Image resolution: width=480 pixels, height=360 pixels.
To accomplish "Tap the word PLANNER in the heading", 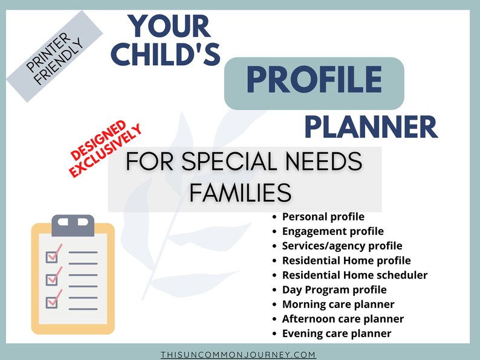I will [x=370, y=127].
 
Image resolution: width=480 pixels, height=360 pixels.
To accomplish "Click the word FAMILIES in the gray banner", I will [x=240, y=192].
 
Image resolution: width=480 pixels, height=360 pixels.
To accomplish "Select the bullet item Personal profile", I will [x=323, y=216].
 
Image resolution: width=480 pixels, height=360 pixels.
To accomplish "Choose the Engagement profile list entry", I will [x=332, y=231].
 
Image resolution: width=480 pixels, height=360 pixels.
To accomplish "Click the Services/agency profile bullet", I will [x=342, y=246].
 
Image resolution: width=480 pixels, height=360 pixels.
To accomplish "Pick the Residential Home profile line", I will [x=346, y=260].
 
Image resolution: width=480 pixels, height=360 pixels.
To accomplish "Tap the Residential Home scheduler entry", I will [x=354, y=275].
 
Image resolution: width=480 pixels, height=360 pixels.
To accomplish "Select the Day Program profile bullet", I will [x=334, y=289].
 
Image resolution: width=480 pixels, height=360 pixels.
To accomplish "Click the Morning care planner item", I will [x=338, y=304].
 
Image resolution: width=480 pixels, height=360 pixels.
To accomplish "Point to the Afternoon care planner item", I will [x=343, y=319].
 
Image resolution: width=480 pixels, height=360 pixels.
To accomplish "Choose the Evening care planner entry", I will [x=336, y=333].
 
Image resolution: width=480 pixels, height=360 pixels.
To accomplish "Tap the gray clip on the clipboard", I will [x=73, y=225].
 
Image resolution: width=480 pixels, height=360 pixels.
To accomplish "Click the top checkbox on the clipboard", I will [x=53, y=256].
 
